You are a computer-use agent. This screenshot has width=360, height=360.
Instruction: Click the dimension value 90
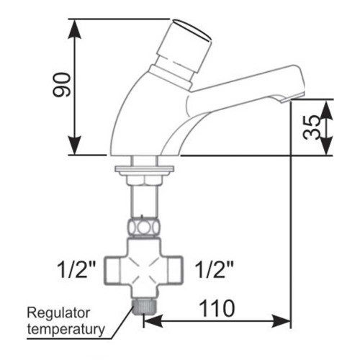click(62, 85)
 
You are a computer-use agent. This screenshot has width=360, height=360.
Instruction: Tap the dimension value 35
click(312, 127)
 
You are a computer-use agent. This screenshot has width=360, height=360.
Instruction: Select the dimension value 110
click(217, 309)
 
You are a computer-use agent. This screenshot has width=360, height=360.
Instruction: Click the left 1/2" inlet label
click(76, 269)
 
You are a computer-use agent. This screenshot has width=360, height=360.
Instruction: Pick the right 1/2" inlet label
click(214, 269)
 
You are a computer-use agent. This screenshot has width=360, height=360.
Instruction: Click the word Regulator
click(58, 313)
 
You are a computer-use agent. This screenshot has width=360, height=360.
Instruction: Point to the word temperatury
click(66, 329)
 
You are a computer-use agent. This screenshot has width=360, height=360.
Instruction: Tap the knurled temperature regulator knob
click(144, 307)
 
